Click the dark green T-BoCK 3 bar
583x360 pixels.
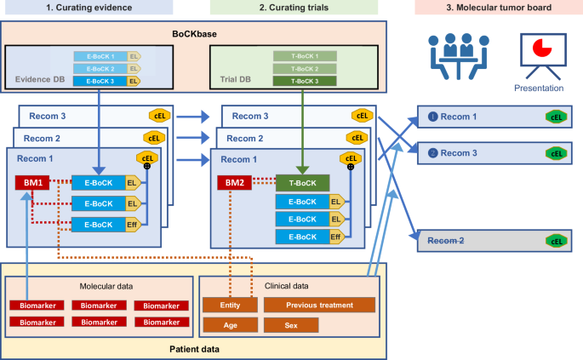point(304,82)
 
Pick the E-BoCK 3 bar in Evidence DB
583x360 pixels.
point(100,82)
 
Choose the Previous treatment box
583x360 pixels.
point(319,305)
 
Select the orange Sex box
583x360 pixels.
point(291,325)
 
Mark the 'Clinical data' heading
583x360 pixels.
point(289,288)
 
